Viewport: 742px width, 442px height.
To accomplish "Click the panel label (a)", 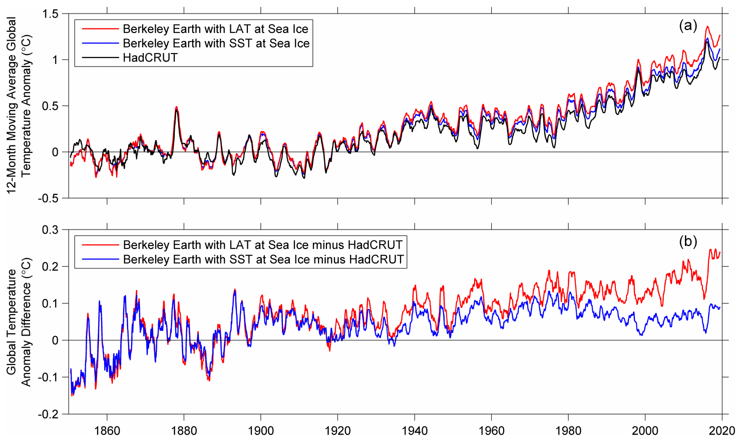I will click(x=687, y=25).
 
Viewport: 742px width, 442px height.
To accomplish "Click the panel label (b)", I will click(x=687, y=241).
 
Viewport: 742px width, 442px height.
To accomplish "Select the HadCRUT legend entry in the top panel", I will click(x=150, y=57).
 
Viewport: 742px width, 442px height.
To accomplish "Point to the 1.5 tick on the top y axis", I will click(x=50, y=14).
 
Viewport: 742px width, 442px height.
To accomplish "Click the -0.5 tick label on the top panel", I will click(x=48, y=198).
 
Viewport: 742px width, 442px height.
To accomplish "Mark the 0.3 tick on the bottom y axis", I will click(x=50, y=230).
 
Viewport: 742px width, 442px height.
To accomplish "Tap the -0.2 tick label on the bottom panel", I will click(x=48, y=414).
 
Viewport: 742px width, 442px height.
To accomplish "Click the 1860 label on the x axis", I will click(x=107, y=430).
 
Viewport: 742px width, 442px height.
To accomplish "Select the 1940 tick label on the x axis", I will click(x=415, y=430).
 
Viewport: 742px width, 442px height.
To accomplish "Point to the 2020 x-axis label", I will click(x=721, y=430).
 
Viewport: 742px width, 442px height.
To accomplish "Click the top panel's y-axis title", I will click(x=19, y=105).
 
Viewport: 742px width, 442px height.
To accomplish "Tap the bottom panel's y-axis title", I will click(x=19, y=321).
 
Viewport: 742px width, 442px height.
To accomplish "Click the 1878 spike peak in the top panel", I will click(x=176, y=107).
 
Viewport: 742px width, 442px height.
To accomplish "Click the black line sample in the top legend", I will click(x=98, y=57).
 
